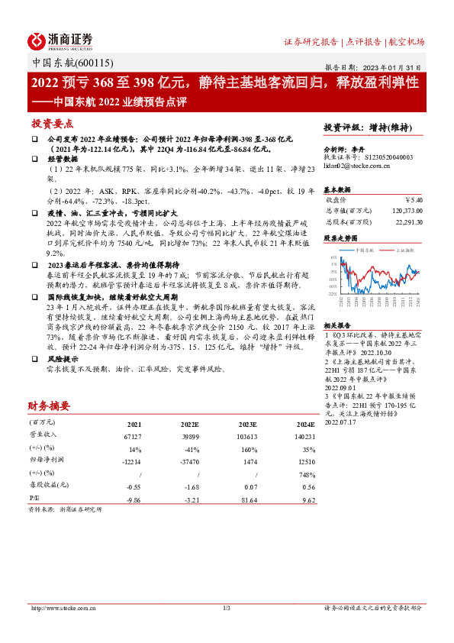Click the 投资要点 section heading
pyautogui.click(x=52, y=123)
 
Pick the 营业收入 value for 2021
pyautogui.click(x=133, y=435)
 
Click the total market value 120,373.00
pyautogui.click(x=404, y=209)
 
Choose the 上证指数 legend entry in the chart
pyautogui.click(x=404, y=249)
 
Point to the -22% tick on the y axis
pyautogui.click(x=333, y=292)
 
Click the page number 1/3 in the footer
pyautogui.click(x=227, y=608)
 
